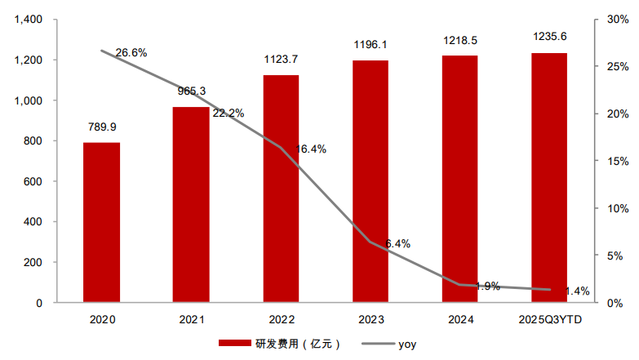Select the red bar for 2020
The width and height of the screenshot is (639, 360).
(x=101, y=223)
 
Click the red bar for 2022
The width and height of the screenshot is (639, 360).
(x=281, y=189)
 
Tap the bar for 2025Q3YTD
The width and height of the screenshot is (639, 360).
(x=549, y=178)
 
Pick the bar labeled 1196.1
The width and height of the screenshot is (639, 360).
(x=371, y=181)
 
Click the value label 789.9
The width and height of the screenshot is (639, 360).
(x=102, y=127)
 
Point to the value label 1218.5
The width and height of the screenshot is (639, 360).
(x=460, y=40)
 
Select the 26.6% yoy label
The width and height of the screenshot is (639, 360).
(x=131, y=52)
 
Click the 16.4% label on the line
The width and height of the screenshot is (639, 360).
(x=311, y=149)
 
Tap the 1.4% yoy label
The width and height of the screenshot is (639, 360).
(x=577, y=291)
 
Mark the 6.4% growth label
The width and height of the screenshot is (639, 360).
(x=397, y=244)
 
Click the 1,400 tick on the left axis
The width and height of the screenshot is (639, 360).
(x=29, y=19)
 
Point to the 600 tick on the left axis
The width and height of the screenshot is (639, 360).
(x=33, y=181)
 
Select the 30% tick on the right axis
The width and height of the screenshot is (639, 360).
(x=618, y=19)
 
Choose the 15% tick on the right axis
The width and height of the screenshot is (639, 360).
(x=618, y=161)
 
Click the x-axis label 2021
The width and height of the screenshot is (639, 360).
(x=192, y=320)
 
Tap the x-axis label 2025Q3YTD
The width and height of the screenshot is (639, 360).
(x=550, y=320)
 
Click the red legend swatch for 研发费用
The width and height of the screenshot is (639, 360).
(x=235, y=344)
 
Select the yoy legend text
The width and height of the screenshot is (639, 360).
(x=407, y=344)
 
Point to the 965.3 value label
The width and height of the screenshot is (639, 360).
(x=192, y=91)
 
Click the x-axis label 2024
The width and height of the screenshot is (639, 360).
(x=460, y=320)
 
